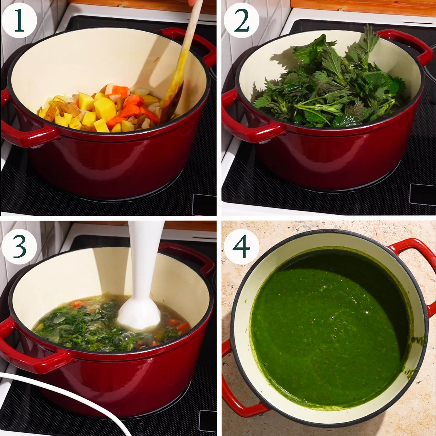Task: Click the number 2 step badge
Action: click(x=241, y=21)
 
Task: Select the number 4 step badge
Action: click(x=241, y=247)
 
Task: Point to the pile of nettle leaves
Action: click(x=330, y=84)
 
